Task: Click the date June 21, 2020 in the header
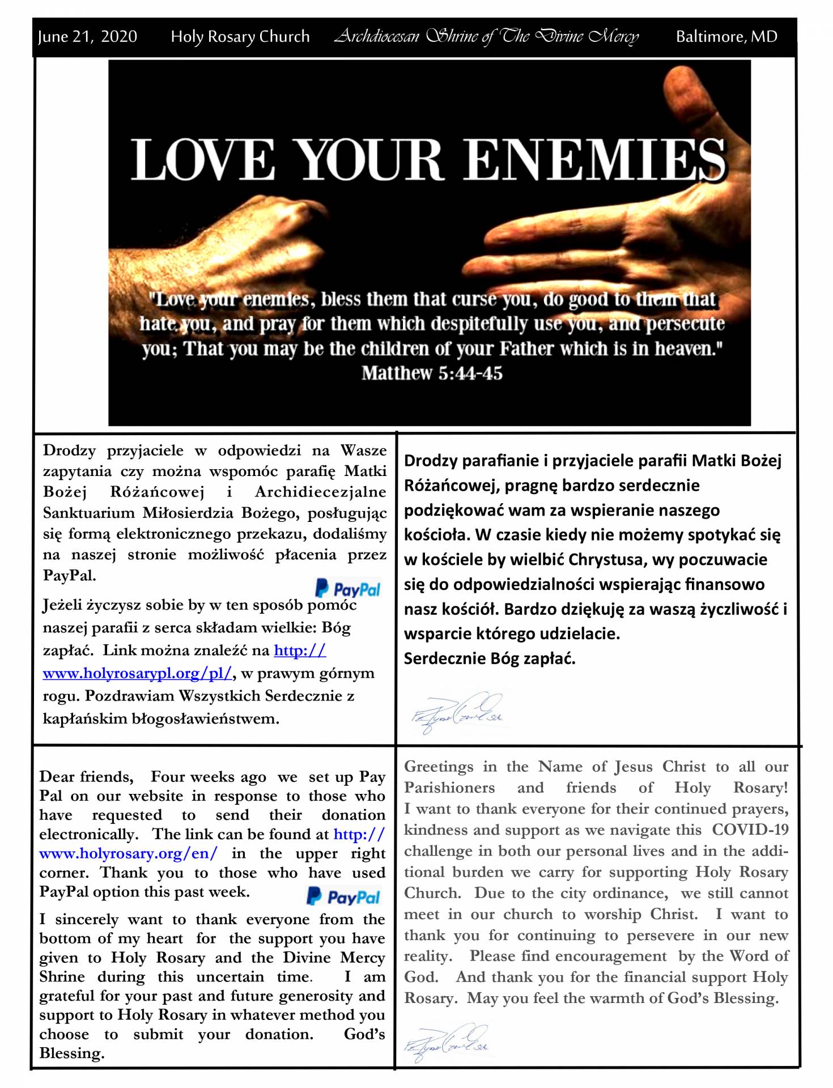coord(87,37)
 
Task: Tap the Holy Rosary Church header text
coord(240,37)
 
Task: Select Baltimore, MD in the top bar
coord(726,37)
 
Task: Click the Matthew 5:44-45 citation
coord(432,373)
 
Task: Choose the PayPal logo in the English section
coord(343,897)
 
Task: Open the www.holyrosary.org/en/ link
coord(128,853)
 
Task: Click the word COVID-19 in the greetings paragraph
coord(750,830)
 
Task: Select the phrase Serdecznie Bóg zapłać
coord(490,658)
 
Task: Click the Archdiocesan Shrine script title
coord(486,37)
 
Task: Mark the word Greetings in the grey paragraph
coord(439,767)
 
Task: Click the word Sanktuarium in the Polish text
coord(89,513)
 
